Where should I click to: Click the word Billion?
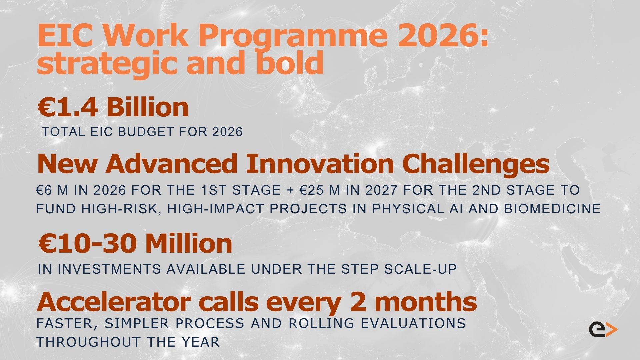[148, 107]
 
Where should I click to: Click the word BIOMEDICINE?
[552, 209]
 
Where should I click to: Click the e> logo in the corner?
[603, 329]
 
